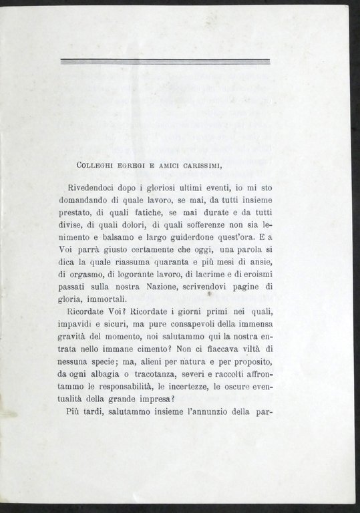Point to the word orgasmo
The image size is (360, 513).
click(89, 271)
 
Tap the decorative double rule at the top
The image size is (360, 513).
click(165, 61)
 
